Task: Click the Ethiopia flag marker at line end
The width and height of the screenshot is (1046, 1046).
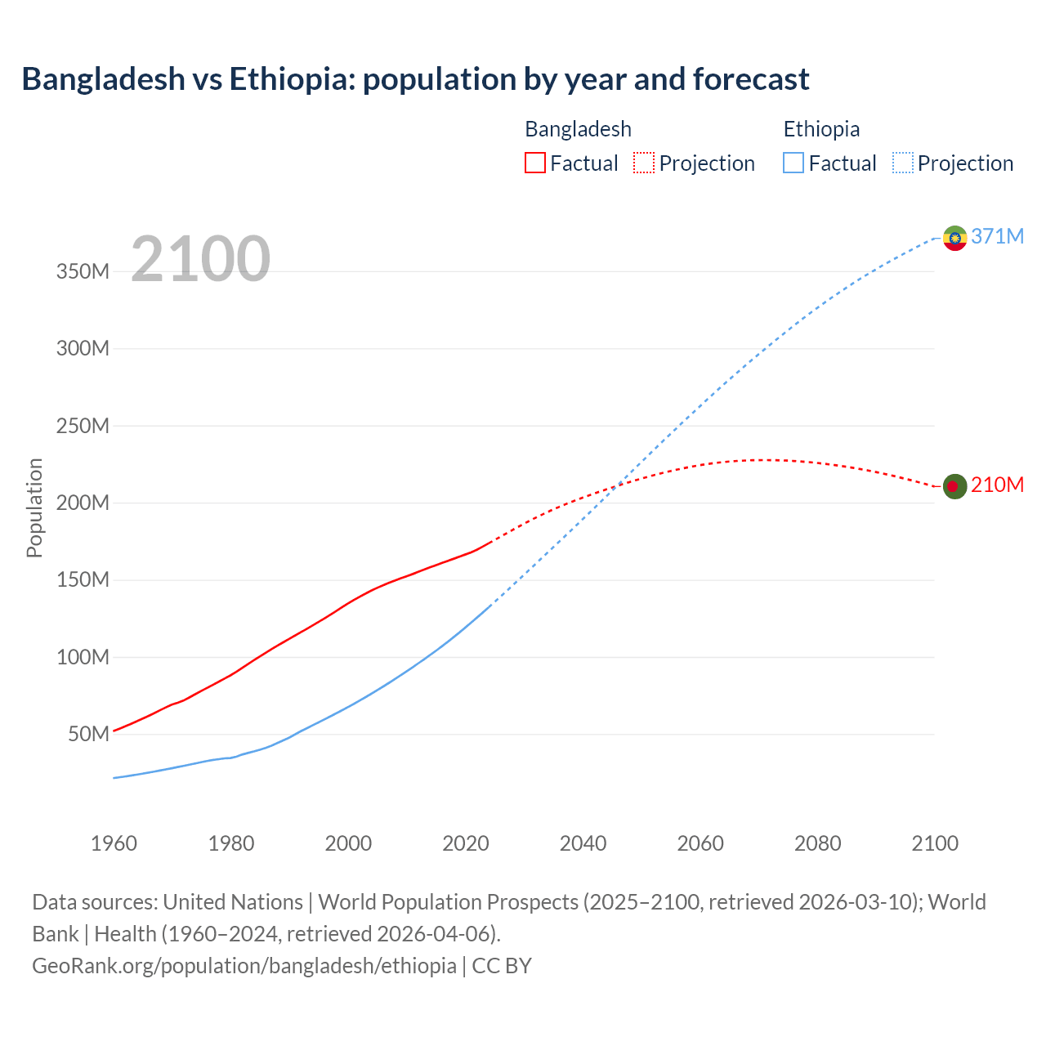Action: (954, 238)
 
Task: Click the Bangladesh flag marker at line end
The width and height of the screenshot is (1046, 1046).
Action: (954, 486)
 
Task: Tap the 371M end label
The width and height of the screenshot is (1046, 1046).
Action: (997, 236)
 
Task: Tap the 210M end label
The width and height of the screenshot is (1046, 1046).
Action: (997, 485)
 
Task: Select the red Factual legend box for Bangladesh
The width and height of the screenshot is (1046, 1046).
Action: (534, 163)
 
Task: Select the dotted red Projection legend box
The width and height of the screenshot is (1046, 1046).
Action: (644, 163)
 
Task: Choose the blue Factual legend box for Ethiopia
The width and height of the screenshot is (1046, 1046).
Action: (793, 163)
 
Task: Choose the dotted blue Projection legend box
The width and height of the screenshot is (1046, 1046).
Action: (903, 163)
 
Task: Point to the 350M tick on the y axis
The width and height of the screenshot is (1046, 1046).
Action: (83, 271)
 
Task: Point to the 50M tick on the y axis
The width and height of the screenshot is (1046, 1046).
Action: (88, 734)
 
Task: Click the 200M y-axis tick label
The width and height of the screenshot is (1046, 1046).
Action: (83, 503)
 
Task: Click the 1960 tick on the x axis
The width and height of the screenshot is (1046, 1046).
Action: (114, 843)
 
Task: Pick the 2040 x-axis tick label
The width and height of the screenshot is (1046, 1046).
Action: (583, 843)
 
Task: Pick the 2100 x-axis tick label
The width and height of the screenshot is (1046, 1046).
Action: (935, 843)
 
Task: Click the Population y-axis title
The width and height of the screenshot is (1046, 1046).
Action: (34, 507)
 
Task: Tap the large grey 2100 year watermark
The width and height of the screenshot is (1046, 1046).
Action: (200, 259)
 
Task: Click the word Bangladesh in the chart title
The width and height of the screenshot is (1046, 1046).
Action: (104, 79)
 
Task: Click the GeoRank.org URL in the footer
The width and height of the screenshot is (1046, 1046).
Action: (244, 965)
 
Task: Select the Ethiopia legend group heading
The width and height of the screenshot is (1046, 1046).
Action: (821, 129)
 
